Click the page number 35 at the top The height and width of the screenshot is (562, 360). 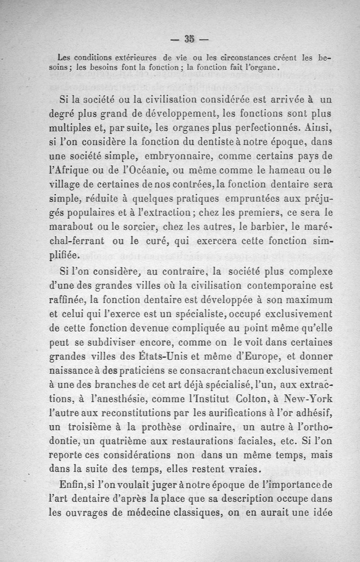[189, 39]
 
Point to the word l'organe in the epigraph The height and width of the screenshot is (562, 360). [264, 68]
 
